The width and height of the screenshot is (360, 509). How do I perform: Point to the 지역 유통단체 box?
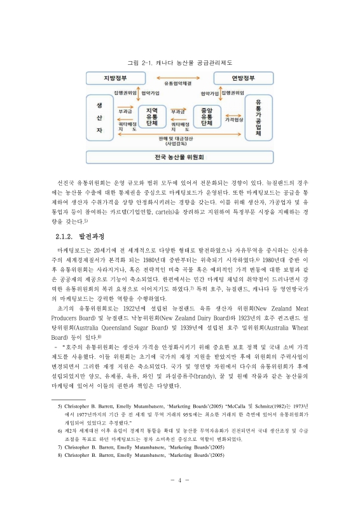(152, 116)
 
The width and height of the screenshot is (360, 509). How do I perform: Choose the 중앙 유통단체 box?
(206, 116)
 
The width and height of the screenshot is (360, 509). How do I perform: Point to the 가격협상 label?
(234, 120)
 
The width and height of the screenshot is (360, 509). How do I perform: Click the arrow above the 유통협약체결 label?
(177, 77)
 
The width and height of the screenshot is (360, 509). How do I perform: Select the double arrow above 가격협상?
(233, 112)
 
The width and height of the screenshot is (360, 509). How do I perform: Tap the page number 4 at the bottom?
(180, 480)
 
